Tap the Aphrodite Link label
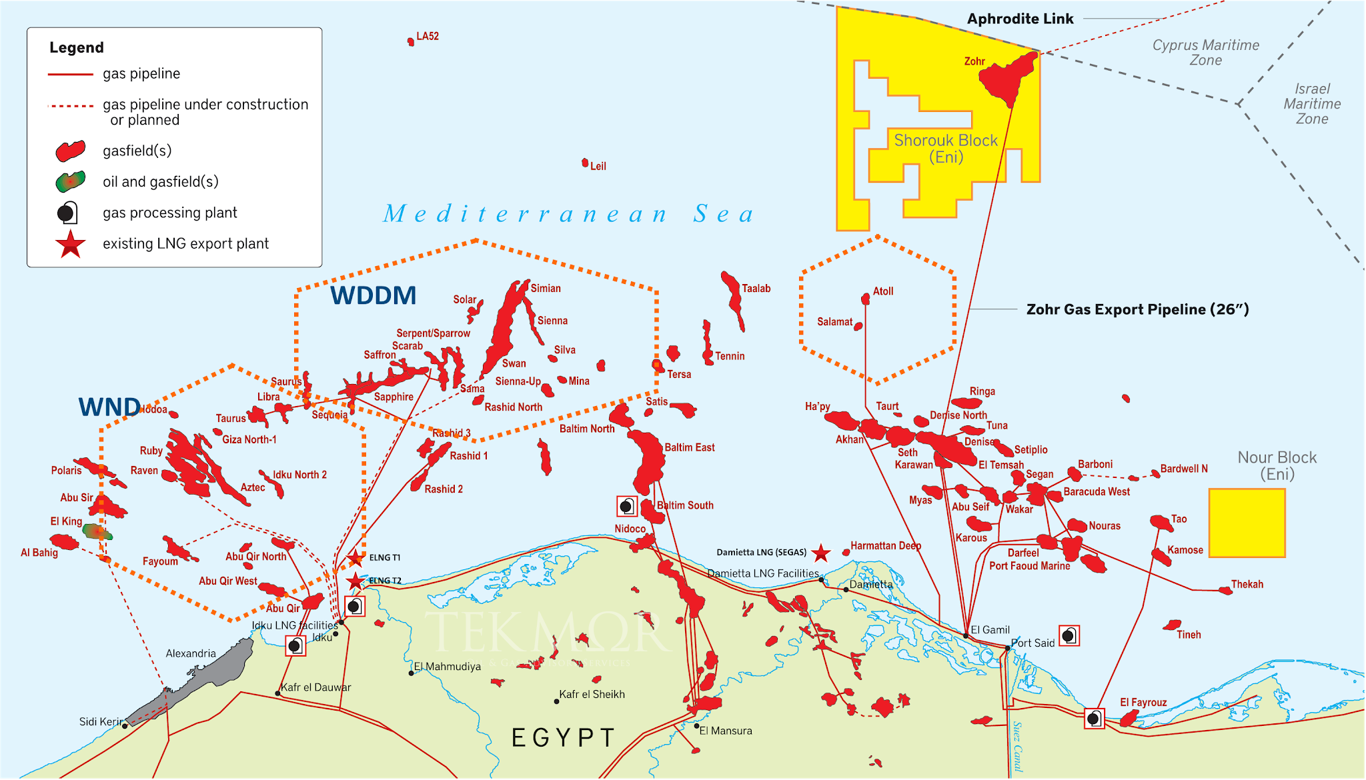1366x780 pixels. [x=1020, y=19]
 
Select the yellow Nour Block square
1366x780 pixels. [x=1247, y=523]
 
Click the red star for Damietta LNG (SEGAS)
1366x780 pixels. [x=821, y=553]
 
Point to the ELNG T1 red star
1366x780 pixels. [x=356, y=557]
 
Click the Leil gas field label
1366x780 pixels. [x=598, y=166]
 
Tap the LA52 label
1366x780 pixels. [x=428, y=36]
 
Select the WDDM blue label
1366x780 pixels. [x=373, y=295]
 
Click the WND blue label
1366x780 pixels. [x=109, y=407]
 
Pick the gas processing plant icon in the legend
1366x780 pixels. [x=67, y=213]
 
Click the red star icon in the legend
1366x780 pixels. [x=71, y=244]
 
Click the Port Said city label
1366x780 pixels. [x=1033, y=643]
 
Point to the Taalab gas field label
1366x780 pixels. [x=756, y=289]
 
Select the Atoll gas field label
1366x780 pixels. [x=883, y=291]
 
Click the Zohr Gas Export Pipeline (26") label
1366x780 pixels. [x=1137, y=309]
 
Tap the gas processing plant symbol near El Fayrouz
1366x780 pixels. [x=1094, y=719]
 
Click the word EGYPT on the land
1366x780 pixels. [x=563, y=738]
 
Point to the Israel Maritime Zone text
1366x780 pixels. [x=1312, y=104]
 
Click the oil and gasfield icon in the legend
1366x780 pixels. [x=71, y=181]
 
